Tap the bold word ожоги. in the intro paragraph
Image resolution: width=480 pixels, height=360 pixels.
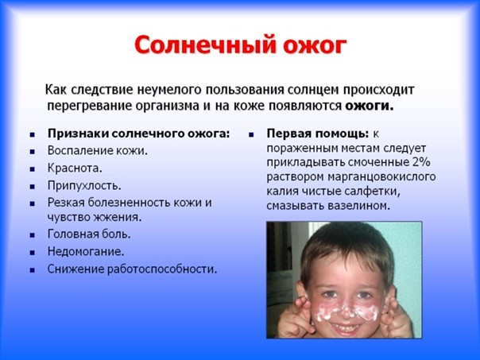pos(369,106)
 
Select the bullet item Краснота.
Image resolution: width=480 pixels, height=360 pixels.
pos(75,168)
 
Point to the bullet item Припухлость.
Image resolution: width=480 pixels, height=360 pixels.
pos(84,186)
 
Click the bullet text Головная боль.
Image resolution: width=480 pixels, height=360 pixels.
pos(89,234)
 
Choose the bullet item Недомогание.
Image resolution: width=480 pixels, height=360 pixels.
pos(86,252)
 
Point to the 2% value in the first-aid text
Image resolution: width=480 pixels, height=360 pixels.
pos(421,162)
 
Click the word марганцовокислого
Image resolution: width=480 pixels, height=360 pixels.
pos(381,177)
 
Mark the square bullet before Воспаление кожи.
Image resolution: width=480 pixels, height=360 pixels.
pos(33,151)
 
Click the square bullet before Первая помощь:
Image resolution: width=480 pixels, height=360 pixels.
pos(251,134)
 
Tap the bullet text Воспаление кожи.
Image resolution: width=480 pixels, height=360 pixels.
pos(97,151)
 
